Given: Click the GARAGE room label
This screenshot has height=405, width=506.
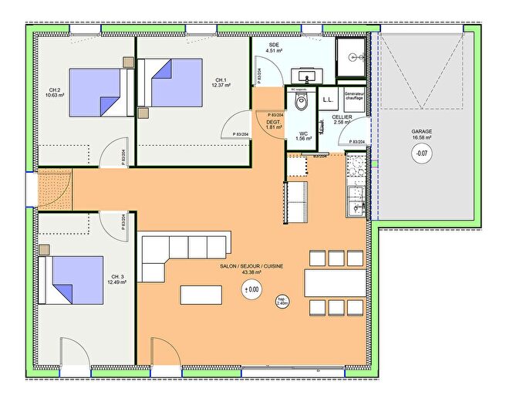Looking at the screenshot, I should click(x=421, y=132).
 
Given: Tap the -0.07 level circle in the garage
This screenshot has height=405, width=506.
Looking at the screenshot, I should click(x=421, y=153).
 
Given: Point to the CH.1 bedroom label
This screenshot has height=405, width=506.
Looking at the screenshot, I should click(x=221, y=81).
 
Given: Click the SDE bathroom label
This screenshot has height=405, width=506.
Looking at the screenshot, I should click(x=274, y=46).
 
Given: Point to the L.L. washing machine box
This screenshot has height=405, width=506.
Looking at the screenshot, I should click(x=327, y=100).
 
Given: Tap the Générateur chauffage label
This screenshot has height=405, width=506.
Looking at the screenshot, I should click(x=354, y=96).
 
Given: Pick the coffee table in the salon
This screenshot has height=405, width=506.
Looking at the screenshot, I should click(x=203, y=295).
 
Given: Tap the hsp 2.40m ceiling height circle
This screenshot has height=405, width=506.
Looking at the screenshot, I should click(x=283, y=301).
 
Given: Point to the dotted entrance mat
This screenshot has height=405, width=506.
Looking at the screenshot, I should click(x=54, y=187).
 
